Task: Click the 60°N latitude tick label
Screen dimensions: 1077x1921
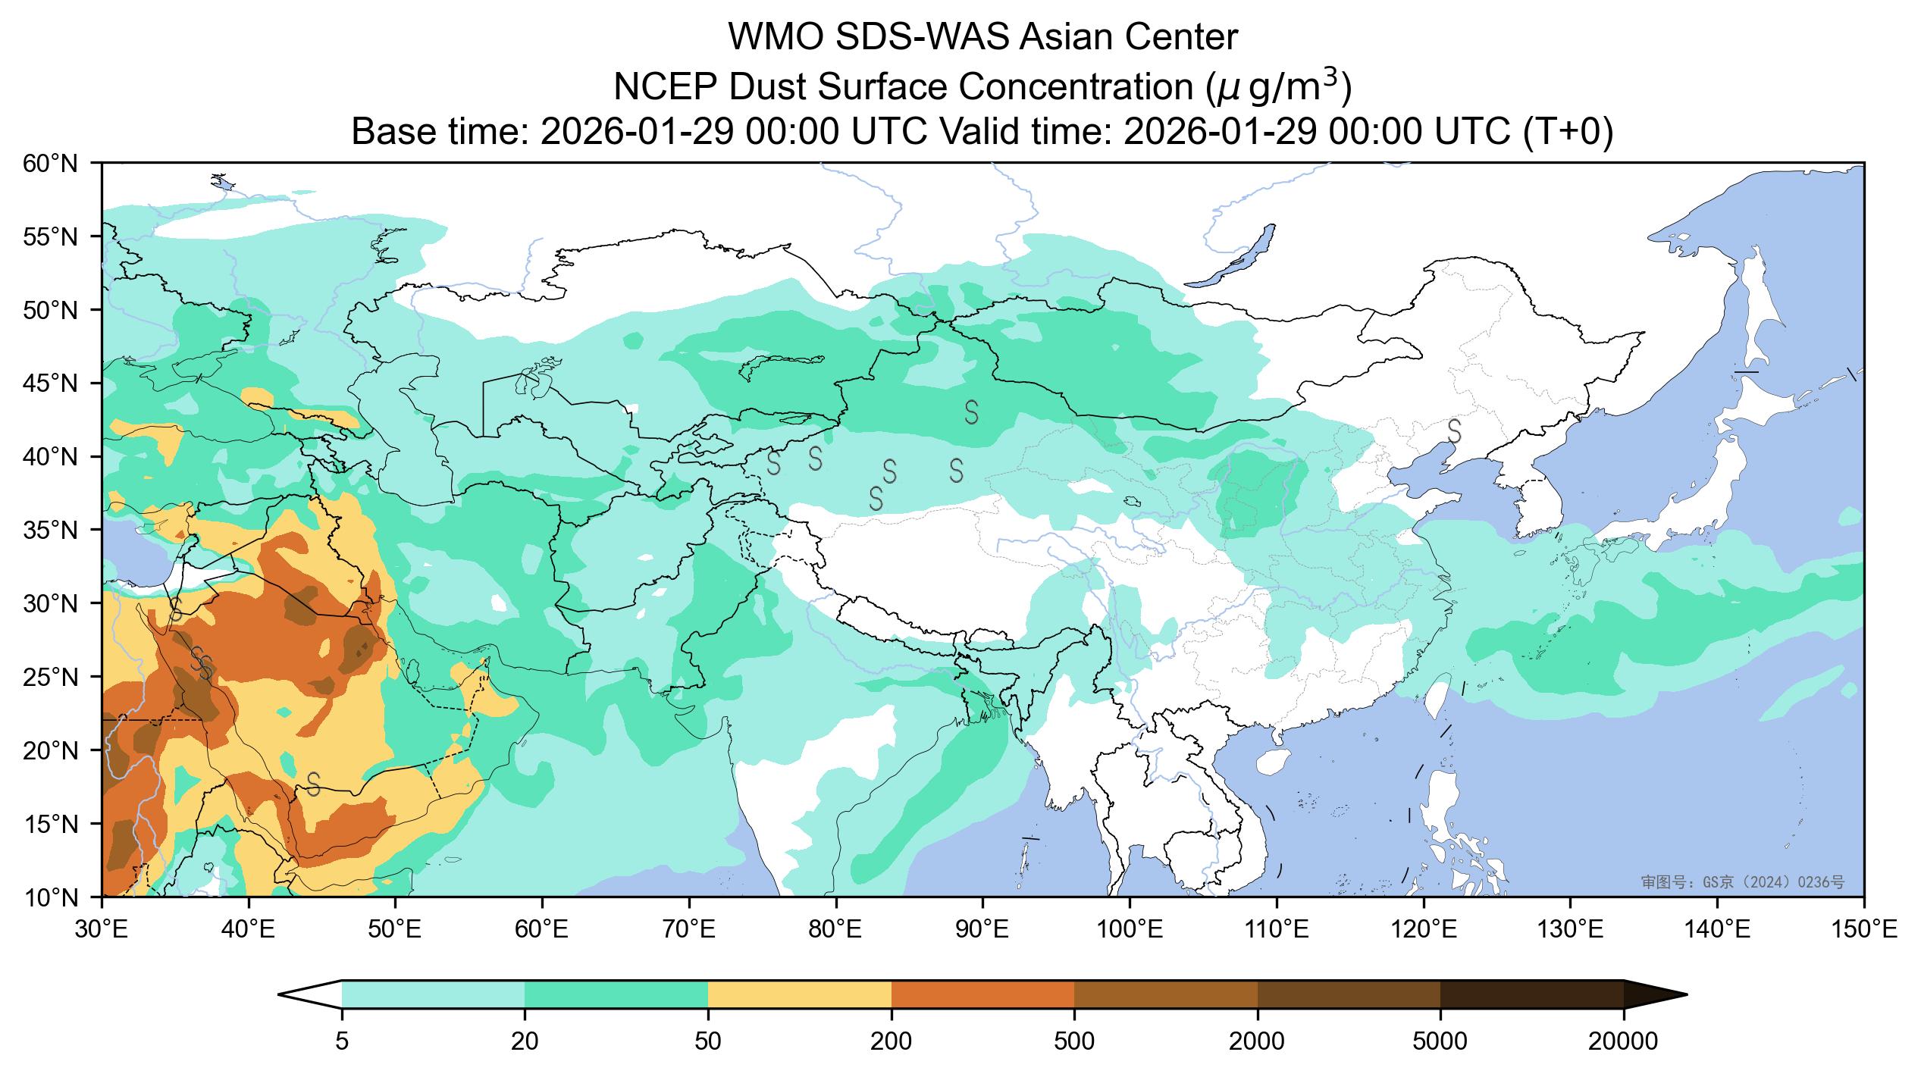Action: (x=50, y=163)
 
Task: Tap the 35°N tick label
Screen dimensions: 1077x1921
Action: (x=50, y=531)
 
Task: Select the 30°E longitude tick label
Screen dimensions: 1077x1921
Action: (x=102, y=929)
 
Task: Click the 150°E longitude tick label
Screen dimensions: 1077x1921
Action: (x=1863, y=929)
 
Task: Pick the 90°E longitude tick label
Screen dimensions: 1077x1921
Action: (x=982, y=929)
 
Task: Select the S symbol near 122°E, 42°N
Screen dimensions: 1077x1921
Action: (x=1455, y=430)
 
